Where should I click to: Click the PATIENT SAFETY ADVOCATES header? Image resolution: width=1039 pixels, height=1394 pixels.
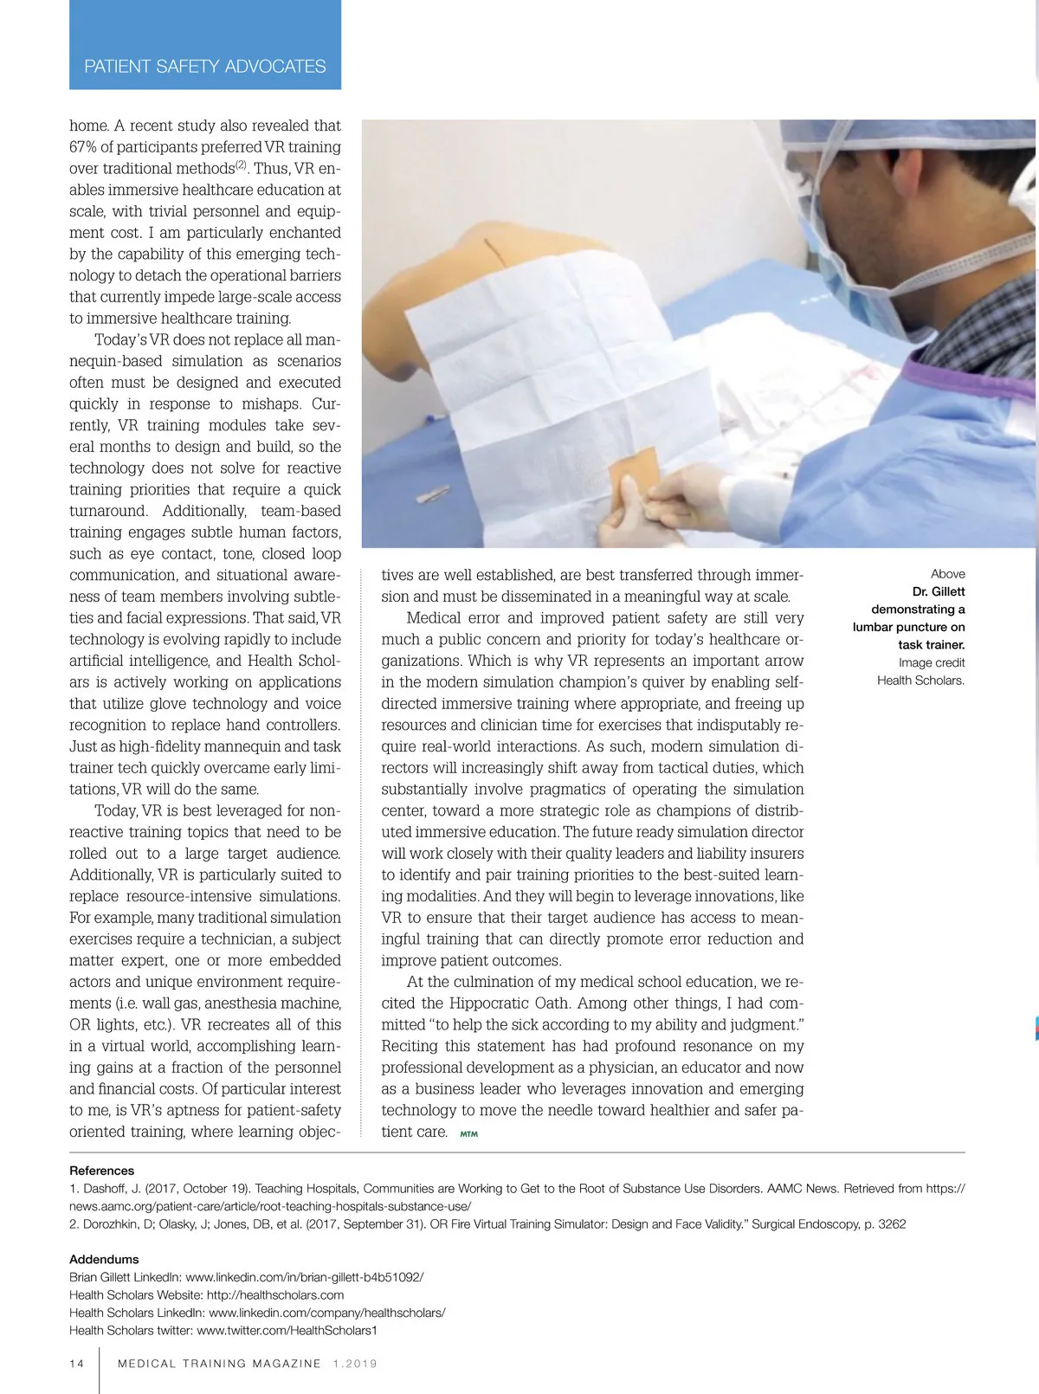(x=205, y=67)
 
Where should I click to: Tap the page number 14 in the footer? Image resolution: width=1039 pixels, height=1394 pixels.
(x=77, y=1363)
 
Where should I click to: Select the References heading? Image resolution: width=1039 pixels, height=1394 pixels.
(x=101, y=1171)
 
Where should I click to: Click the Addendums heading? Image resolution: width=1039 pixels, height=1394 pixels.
(x=104, y=1259)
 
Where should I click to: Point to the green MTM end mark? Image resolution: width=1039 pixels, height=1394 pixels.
(x=468, y=1133)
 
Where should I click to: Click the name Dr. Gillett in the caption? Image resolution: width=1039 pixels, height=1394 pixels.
(x=939, y=591)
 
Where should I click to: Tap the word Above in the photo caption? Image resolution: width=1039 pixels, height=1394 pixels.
(x=947, y=574)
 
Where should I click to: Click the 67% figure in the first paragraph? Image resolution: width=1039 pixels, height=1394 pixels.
(x=83, y=147)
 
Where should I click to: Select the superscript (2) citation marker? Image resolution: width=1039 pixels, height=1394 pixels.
(x=242, y=165)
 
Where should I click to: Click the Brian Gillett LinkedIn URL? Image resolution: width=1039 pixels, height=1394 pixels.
(x=304, y=1277)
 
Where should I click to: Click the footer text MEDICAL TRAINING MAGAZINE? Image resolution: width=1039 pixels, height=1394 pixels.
(x=219, y=1364)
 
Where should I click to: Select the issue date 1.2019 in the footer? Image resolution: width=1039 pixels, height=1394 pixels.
(x=355, y=1364)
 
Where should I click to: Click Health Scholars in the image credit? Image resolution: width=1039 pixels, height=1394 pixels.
(x=920, y=681)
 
